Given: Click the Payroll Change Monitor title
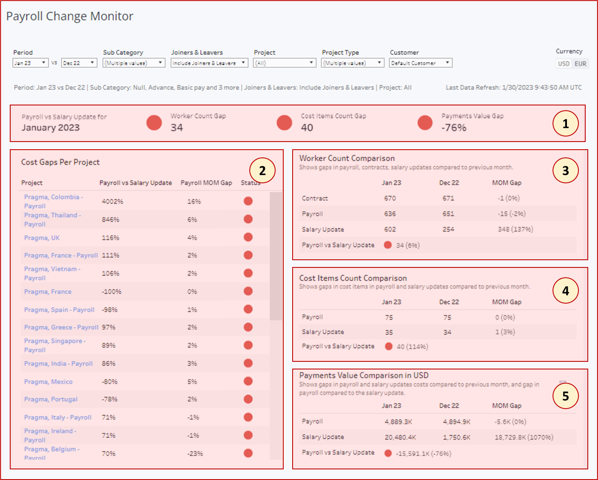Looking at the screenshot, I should [x=69, y=16].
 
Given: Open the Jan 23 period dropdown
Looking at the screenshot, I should [x=30, y=63].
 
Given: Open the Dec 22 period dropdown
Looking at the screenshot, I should [x=79, y=63].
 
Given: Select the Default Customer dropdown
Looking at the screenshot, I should [x=420, y=63].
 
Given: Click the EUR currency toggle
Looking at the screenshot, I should [x=580, y=64].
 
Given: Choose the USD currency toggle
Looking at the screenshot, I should [x=564, y=64].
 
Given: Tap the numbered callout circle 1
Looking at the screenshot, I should [x=565, y=124].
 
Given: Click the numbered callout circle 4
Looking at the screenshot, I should [x=565, y=291].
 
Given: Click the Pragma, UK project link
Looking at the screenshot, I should [x=42, y=238].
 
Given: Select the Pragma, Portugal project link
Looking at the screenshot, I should [x=51, y=399].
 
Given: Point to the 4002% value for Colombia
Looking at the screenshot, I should [x=112, y=202].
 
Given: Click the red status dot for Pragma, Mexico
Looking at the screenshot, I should [x=248, y=381].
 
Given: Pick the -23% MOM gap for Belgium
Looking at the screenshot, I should [x=195, y=454].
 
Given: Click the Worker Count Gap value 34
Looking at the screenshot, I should [x=177, y=128].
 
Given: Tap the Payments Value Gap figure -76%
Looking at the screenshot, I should [x=454, y=128].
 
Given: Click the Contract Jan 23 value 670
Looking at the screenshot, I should [x=390, y=198].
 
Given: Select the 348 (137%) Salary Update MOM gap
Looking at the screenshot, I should [x=515, y=229].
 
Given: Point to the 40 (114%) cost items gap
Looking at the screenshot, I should [x=412, y=347].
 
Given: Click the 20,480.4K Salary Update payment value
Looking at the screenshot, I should [x=400, y=437].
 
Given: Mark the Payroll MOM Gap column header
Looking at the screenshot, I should [x=206, y=183].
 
